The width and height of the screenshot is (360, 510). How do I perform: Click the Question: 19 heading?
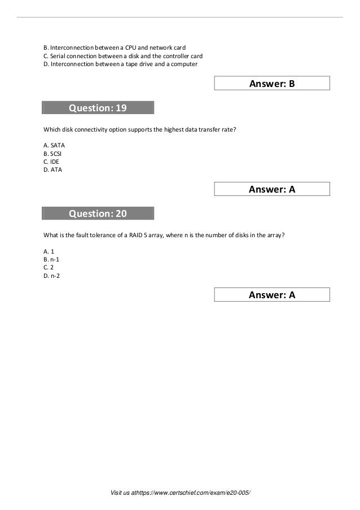coord(98,108)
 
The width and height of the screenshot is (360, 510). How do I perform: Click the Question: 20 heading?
coord(98,213)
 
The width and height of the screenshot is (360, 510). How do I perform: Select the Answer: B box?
coord(272,84)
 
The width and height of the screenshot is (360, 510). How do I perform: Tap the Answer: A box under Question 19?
coord(272,190)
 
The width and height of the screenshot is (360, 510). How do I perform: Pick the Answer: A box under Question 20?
coord(272,294)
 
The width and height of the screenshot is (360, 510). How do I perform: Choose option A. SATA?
coord(54,145)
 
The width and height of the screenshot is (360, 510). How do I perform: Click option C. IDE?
coord(52,161)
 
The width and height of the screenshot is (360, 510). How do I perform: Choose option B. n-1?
coord(52,259)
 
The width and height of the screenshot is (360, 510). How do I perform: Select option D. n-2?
coord(52,276)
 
